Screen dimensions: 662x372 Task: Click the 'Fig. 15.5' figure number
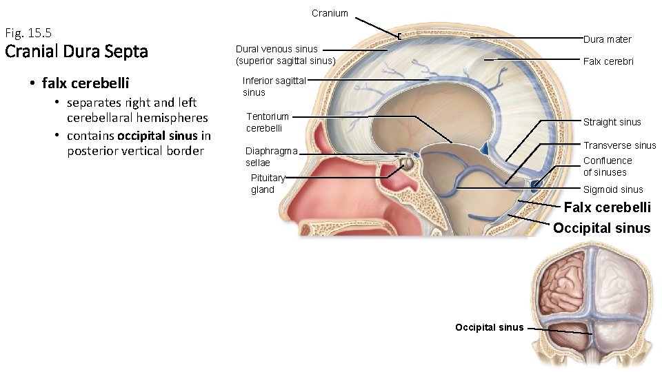point(28,32)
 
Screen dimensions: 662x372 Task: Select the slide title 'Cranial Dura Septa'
point(76,52)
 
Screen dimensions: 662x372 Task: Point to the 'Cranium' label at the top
point(330,13)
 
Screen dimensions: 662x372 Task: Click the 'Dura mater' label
point(607,39)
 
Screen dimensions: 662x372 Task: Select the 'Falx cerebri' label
point(608,61)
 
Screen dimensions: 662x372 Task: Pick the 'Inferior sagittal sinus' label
point(274,86)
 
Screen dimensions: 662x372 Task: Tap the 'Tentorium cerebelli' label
point(268,122)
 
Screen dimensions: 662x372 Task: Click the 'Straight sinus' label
point(612,122)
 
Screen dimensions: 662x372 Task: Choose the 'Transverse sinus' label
point(619,145)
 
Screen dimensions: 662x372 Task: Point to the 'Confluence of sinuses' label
point(607,166)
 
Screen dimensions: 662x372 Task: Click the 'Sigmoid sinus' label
point(612,189)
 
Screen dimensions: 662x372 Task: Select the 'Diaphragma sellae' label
point(271,157)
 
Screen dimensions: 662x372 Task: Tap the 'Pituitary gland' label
point(268,184)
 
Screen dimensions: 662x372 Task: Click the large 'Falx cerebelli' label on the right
point(607,207)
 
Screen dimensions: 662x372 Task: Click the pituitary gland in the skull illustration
point(407,164)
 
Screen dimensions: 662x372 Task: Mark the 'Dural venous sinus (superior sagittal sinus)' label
point(285,55)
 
